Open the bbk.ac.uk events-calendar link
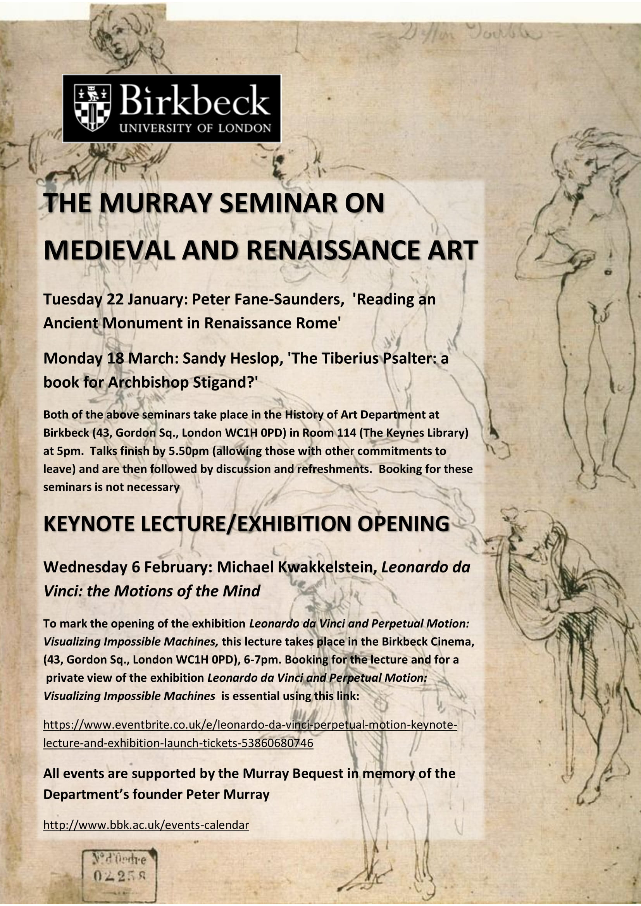(146, 825)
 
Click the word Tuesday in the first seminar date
(72, 299)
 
